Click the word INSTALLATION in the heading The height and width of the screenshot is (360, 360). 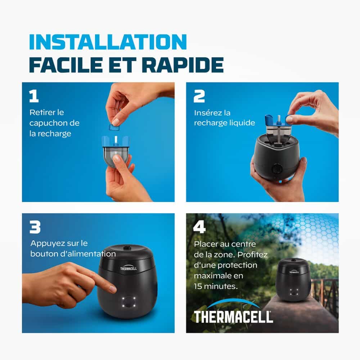point(108,42)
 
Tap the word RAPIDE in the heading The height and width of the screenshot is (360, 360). point(183,65)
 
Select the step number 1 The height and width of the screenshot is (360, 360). point(34,96)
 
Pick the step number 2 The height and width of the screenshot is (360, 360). point(199,96)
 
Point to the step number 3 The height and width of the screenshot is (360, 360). point(35,227)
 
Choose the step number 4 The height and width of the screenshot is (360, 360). point(199,227)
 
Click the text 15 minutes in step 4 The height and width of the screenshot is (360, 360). point(216,286)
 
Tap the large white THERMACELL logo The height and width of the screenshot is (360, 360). point(233,316)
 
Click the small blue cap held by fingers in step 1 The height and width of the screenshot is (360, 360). point(114,127)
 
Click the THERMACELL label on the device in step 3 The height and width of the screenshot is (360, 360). point(129,269)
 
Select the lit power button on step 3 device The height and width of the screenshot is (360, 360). point(129,302)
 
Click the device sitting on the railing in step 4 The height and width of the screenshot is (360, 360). point(294,280)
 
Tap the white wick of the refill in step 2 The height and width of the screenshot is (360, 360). point(279,120)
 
